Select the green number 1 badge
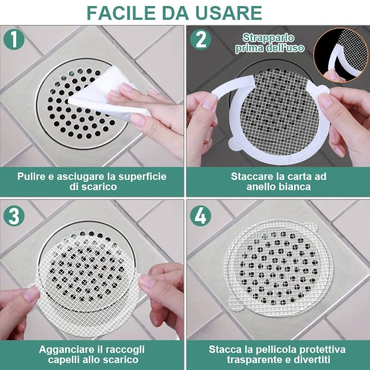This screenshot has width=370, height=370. [x=14, y=39]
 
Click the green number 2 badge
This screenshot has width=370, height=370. [x=201, y=39]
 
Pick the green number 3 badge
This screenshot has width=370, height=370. [x=14, y=216]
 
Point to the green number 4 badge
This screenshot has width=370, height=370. [x=201, y=216]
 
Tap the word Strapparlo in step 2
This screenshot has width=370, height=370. [x=268, y=38]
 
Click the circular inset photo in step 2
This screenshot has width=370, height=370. [x=340, y=55]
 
